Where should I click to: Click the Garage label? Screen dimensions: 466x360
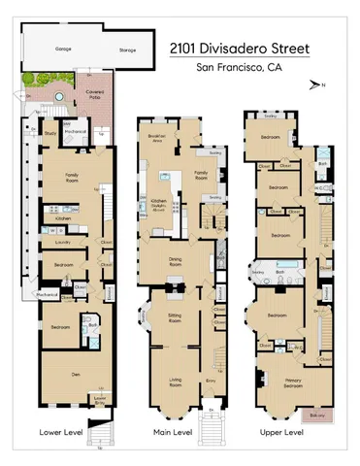click(x=62, y=48)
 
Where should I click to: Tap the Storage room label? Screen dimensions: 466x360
click(x=127, y=50)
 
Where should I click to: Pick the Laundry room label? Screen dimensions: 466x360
click(x=60, y=241)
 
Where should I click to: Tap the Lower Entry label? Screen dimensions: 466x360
click(x=99, y=398)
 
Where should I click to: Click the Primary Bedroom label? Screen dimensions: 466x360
click(x=279, y=383)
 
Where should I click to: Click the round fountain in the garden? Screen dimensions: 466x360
click(x=57, y=98)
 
